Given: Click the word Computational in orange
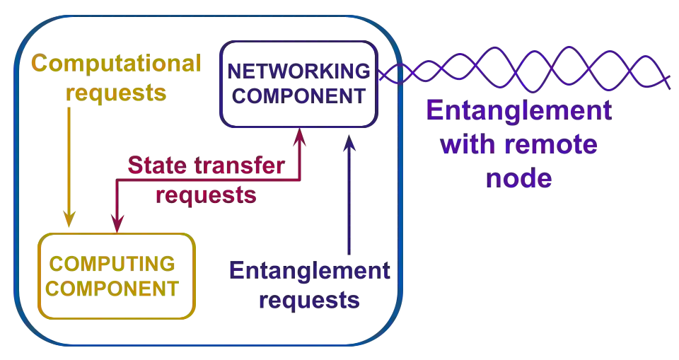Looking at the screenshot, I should click(x=117, y=65).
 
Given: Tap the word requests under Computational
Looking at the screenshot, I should click(x=117, y=92).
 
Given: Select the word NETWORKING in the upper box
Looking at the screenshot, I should click(x=298, y=71).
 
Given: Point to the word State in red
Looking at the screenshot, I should click(x=151, y=167).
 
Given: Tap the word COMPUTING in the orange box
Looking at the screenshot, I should click(x=113, y=265).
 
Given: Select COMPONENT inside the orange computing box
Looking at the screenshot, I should click(x=113, y=289).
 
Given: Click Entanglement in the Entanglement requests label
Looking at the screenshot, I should click(x=308, y=272).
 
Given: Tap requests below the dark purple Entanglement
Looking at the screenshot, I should click(x=308, y=301).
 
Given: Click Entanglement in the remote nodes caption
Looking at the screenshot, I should click(x=520, y=112).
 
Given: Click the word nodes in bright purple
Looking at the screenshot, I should click(x=520, y=178).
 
